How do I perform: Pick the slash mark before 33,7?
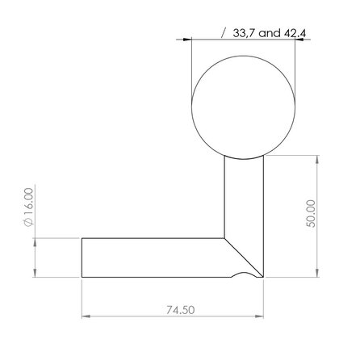[224, 34]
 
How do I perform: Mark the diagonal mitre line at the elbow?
[245, 256]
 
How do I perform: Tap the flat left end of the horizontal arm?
[83, 257]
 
